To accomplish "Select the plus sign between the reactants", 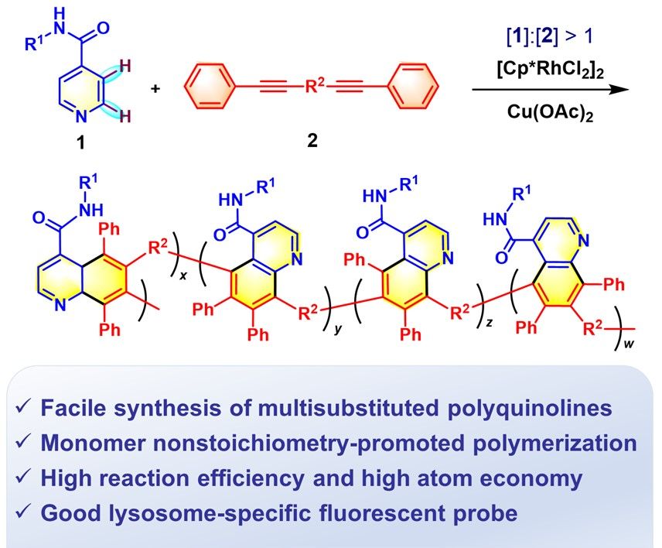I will point(155,88).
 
